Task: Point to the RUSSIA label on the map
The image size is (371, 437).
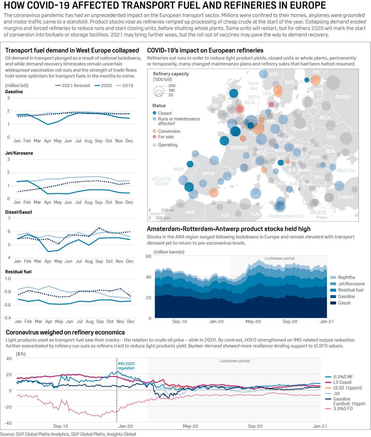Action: pos(343,97)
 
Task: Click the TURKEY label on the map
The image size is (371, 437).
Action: pos(346,197)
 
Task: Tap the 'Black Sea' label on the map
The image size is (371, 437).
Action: pos(346,170)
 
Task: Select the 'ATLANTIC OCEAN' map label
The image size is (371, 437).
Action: pos(162,181)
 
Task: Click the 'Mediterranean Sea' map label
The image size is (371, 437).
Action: pos(286,216)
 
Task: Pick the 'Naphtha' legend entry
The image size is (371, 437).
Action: pos(346,277)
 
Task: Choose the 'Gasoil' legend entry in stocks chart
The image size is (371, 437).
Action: pos(344,303)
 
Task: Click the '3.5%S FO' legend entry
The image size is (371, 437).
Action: pos(343,408)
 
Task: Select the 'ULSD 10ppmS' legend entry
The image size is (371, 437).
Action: pos(347,388)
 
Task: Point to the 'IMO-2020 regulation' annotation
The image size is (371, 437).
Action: pos(126,366)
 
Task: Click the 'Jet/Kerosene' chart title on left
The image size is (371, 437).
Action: pos(19,153)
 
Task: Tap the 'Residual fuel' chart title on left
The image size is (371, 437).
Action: pos(18,272)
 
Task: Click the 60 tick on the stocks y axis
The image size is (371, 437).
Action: pos(149,256)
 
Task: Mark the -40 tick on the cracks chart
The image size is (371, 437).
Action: pos(9,423)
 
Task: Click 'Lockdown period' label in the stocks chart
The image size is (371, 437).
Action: pos(279,258)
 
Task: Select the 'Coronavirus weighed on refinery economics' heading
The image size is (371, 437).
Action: pos(65,332)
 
